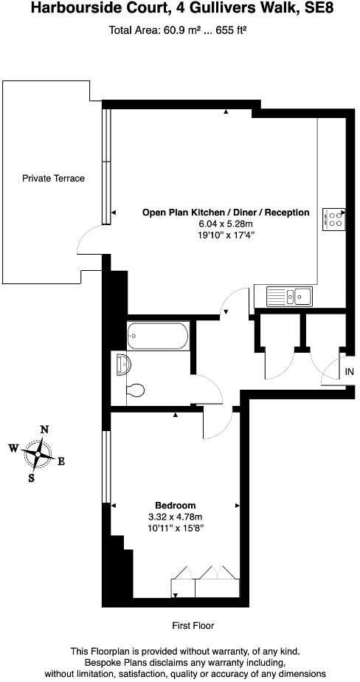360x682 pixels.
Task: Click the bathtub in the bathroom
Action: pos(158,337)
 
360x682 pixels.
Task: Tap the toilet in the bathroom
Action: pos(134,390)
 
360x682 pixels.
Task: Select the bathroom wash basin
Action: pos(122,364)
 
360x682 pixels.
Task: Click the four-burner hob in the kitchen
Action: pos(333,218)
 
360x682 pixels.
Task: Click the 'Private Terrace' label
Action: pos(53,179)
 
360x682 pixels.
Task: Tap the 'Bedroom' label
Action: pos(175,506)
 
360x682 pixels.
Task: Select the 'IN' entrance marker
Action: pos(349,373)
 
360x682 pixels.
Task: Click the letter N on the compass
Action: pos(44,429)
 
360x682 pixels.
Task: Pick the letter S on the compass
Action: pos(31,478)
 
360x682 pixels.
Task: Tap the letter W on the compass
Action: pos(13,447)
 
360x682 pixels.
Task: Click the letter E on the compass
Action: pos(61,462)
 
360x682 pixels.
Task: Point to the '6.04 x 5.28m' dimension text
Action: pos(225,224)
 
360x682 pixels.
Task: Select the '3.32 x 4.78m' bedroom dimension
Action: pos(175,517)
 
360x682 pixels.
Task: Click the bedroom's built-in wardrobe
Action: pos(204,582)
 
